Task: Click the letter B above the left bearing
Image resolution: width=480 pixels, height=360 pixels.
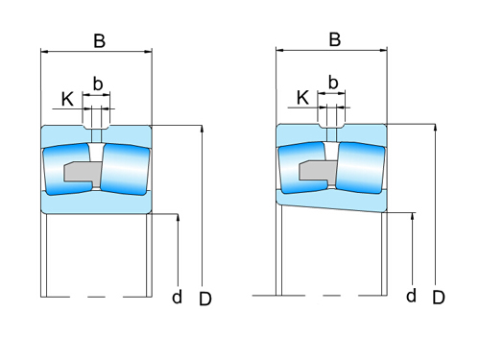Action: pos(99,41)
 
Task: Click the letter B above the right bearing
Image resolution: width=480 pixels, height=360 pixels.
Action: pos(334,39)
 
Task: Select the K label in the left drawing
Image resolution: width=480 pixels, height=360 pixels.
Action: pos(67,99)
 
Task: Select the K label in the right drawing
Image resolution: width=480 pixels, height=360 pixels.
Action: pos(302,97)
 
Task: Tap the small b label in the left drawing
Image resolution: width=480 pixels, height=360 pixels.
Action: pos(97,83)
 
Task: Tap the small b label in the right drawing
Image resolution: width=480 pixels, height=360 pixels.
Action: pos(333,82)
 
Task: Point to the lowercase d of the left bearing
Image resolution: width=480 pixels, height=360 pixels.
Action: pos(177,297)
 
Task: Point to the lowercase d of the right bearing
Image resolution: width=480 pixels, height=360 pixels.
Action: pos(411,295)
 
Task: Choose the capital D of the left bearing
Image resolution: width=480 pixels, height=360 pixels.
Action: pos(204,299)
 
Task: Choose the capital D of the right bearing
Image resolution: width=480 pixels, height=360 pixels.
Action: pos(439,298)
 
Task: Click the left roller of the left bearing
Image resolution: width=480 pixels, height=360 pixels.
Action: pos(67,169)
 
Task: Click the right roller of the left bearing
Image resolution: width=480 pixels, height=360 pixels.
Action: pos(126,169)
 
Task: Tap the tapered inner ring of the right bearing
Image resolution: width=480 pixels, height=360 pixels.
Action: pos(331,198)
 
